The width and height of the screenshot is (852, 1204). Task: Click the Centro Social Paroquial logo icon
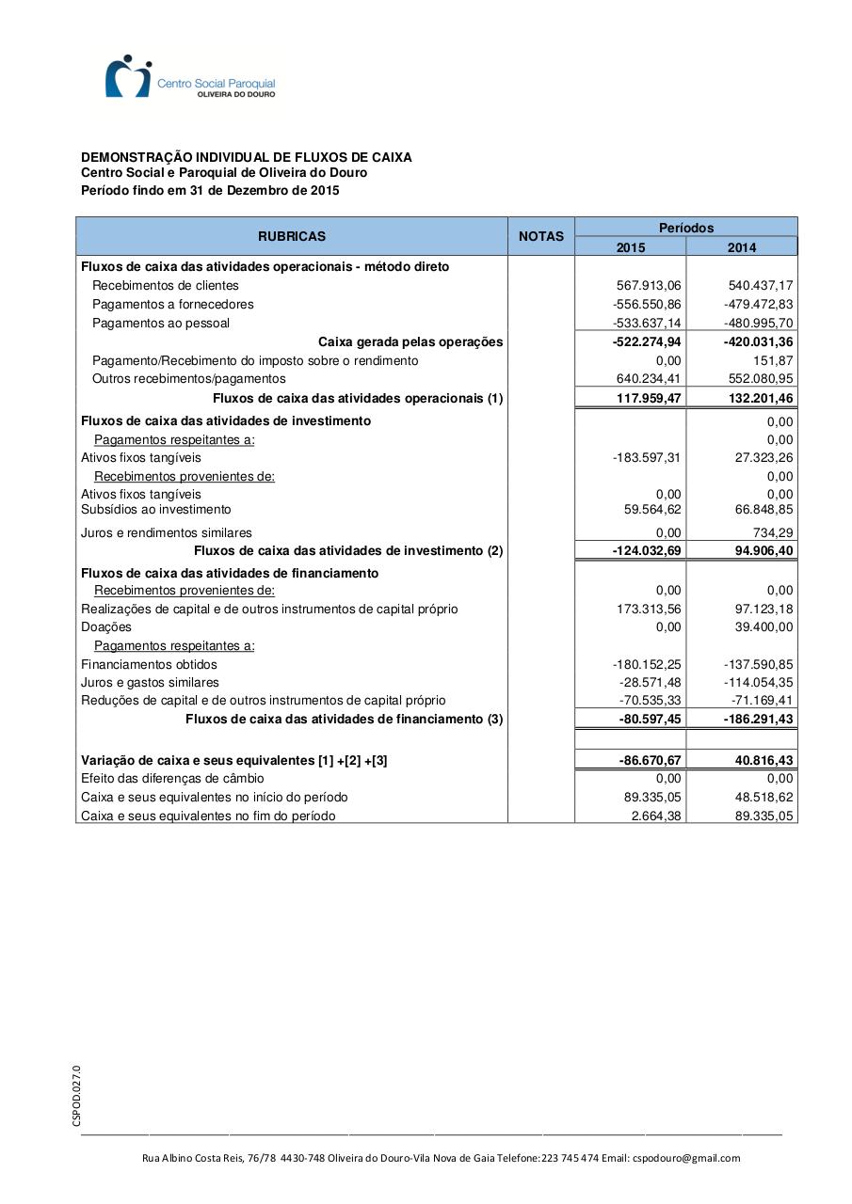[128, 76]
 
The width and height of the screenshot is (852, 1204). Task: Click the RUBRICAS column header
[292, 237]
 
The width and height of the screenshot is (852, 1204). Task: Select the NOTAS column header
[541, 237]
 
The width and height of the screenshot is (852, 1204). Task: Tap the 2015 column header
[630, 247]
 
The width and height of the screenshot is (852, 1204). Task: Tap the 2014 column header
[741, 247]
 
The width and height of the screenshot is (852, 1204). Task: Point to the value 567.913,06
[647, 286]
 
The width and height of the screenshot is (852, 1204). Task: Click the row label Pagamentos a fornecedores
[173, 305]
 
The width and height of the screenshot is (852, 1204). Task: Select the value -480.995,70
[758, 324]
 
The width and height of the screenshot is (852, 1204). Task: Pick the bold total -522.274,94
[647, 342]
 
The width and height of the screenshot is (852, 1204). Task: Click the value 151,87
[773, 361]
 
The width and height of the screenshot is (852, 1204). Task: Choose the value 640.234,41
[647, 379]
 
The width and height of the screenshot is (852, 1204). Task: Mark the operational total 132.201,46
[758, 399]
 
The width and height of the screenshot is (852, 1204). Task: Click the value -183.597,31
[647, 458]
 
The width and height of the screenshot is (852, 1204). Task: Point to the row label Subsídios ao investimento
[156, 510]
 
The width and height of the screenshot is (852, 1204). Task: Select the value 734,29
[773, 532]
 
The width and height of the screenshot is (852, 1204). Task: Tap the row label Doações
[106, 627]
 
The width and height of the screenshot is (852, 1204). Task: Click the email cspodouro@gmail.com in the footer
[686, 1158]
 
